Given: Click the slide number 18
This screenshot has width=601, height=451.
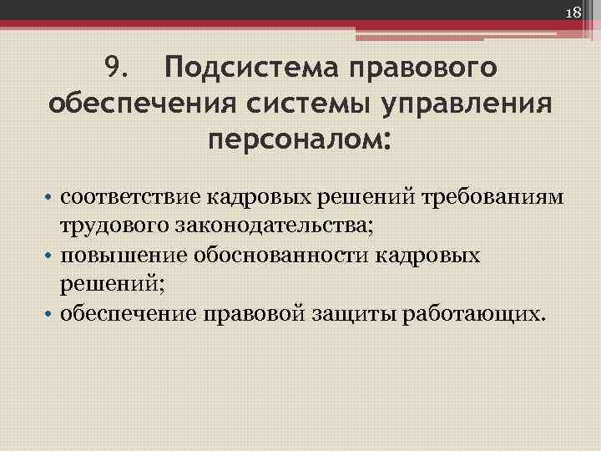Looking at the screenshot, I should tap(573, 13).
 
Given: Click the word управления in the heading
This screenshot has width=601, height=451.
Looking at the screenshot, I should tap(467, 105).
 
